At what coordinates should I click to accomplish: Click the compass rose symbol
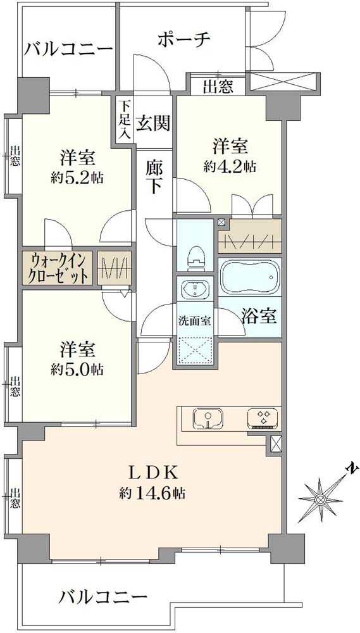321,499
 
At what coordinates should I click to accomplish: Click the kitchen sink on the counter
206,418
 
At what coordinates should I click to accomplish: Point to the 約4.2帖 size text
230,166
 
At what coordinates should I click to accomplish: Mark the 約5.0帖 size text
78,369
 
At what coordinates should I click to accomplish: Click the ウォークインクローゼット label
58,268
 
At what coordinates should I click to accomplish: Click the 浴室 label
259,316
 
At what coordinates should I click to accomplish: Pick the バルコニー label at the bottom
103,596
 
